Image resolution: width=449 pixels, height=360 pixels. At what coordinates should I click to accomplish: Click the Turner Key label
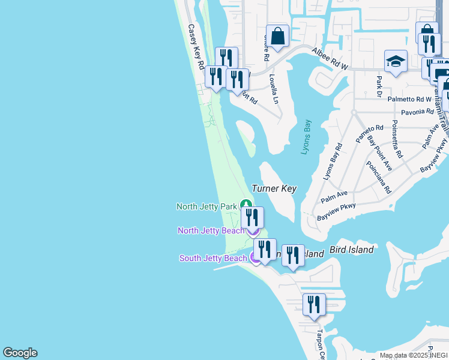(x=274, y=188)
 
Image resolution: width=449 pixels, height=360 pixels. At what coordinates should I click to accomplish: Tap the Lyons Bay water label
(x=307, y=137)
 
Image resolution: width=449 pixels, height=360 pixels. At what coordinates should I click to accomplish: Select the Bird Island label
(x=352, y=250)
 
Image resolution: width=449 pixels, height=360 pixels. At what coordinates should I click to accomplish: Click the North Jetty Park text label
(x=206, y=206)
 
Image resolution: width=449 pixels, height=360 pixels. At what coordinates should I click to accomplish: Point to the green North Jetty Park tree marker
(x=246, y=205)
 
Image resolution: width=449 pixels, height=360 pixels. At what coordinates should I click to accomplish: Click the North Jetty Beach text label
(x=211, y=230)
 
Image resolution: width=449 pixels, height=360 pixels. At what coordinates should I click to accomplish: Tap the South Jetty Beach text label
(x=213, y=258)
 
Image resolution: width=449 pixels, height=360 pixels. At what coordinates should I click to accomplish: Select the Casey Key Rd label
(x=196, y=46)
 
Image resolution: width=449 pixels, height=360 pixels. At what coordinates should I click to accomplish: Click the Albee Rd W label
(x=330, y=57)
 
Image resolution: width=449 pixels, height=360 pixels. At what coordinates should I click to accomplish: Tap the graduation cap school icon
(x=396, y=62)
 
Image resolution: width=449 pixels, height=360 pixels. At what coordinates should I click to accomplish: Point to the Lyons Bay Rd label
(x=332, y=162)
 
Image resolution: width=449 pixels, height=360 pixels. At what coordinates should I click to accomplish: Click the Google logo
(x=20, y=353)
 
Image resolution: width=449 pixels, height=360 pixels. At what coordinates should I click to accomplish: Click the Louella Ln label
(x=274, y=89)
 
